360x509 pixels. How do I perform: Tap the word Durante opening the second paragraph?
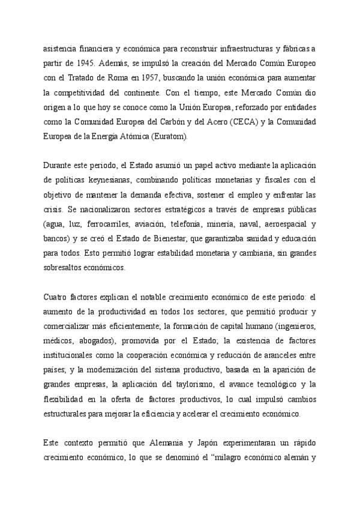pyautogui.click(x=61, y=165)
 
